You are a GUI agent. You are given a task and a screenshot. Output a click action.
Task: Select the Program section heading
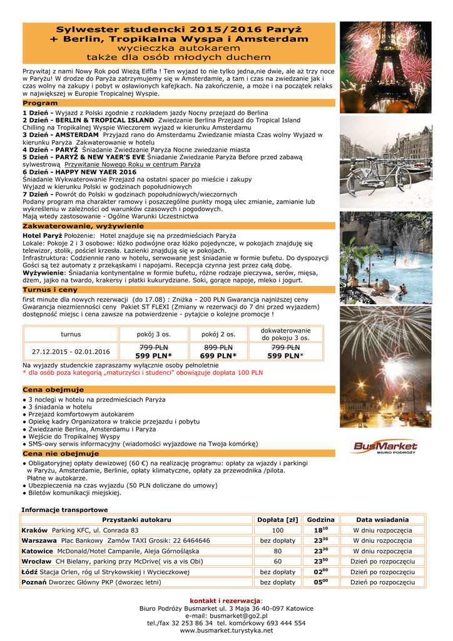click(x=40, y=103)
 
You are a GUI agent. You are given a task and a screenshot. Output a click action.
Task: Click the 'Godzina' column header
click(x=321, y=520)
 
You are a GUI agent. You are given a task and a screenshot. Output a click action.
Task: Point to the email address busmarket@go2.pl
click(x=226, y=616)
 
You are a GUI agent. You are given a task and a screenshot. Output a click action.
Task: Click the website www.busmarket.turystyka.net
click(x=226, y=630)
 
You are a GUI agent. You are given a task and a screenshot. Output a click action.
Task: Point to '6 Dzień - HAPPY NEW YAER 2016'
click(x=79, y=172)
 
